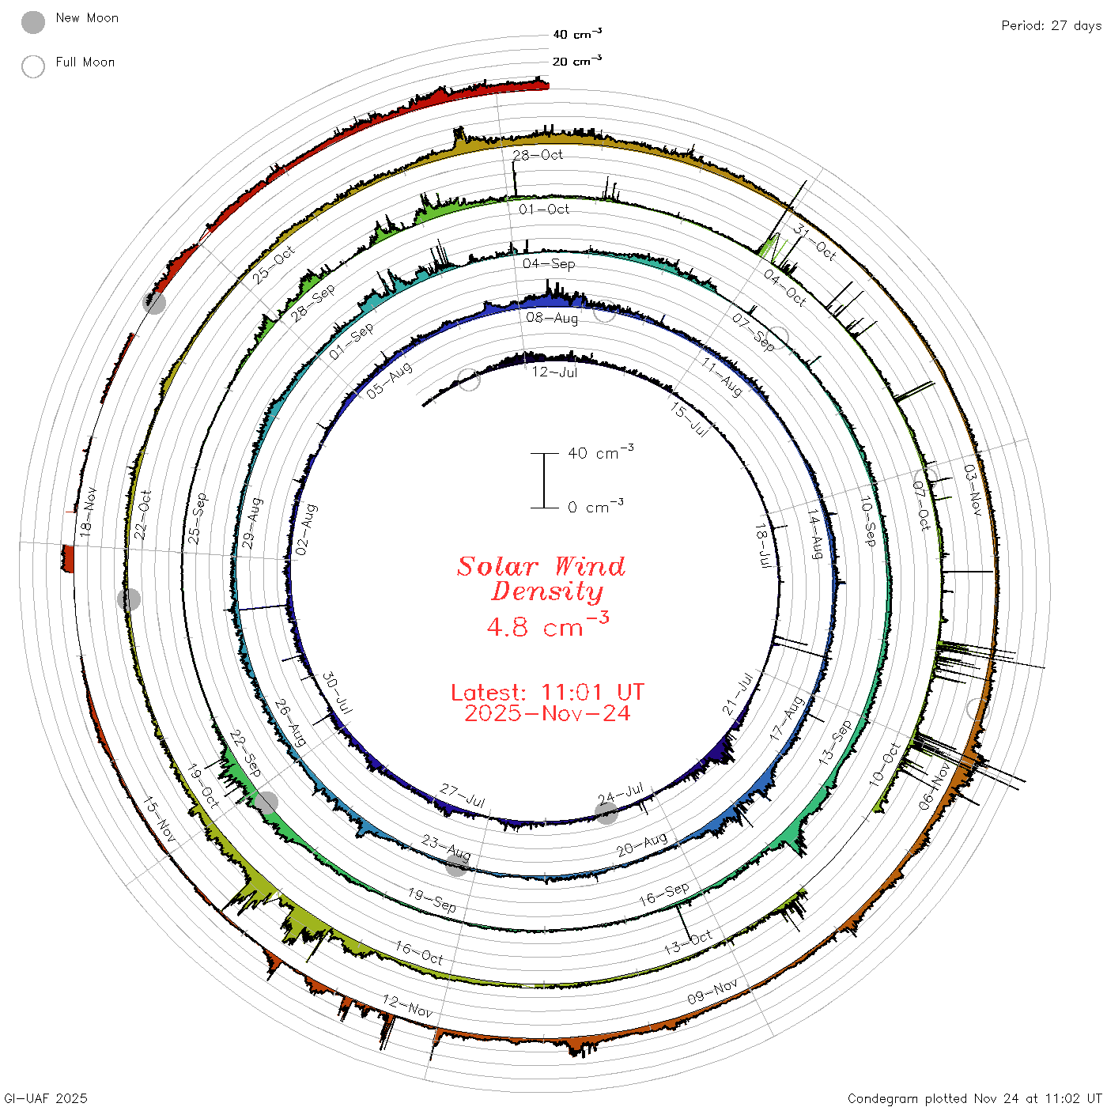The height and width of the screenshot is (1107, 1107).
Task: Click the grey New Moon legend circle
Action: (32, 22)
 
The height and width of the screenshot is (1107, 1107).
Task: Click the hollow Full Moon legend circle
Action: (32, 66)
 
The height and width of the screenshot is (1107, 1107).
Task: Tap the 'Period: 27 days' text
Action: (1051, 26)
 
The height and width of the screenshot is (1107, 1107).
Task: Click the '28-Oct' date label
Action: (537, 155)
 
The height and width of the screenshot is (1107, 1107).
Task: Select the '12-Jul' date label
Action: (553, 372)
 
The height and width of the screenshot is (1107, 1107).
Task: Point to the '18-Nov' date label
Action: (88, 512)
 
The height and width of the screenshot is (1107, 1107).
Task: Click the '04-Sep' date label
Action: (549, 263)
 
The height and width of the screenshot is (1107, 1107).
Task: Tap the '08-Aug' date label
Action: (551, 318)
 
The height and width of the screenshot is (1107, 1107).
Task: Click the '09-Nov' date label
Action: (712, 992)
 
